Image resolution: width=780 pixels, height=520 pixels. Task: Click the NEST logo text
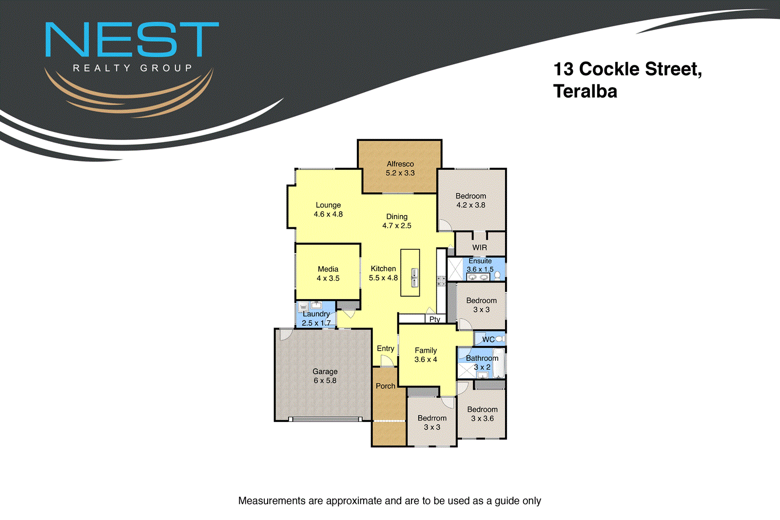tap(132, 40)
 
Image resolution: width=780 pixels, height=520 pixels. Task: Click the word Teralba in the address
tap(585, 92)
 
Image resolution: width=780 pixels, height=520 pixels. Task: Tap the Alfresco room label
tap(400, 168)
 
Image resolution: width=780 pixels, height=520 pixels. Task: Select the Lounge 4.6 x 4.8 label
tap(328, 210)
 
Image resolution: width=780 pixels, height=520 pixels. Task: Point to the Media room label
tap(328, 274)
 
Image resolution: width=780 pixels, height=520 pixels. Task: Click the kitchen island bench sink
tap(414, 278)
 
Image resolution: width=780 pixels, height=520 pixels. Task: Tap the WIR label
tap(480, 248)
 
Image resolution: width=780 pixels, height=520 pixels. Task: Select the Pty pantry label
tap(435, 320)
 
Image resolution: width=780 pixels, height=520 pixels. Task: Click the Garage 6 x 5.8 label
tap(325, 376)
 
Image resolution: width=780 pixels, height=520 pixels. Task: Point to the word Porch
tap(386, 386)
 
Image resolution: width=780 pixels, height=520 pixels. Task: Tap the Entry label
tap(386, 349)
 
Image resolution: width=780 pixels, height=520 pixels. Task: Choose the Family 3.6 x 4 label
tap(426, 355)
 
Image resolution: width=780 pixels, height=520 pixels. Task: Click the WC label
tap(488, 340)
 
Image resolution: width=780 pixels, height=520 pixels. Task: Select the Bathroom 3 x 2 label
tap(482, 362)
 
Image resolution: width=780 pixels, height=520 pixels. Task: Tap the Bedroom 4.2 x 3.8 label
tap(471, 200)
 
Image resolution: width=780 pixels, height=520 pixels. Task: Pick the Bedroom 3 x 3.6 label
tap(483, 414)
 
